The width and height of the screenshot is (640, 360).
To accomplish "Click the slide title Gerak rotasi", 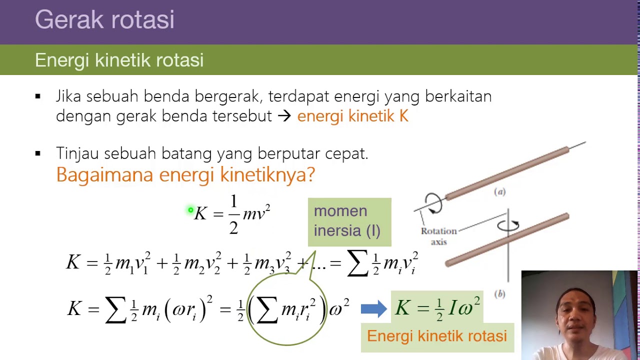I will click(104, 20).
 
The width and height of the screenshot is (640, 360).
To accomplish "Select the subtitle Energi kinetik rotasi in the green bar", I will click(119, 60).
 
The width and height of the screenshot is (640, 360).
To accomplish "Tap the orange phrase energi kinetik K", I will click(352, 116).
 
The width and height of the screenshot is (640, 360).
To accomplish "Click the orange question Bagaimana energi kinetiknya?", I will click(185, 174).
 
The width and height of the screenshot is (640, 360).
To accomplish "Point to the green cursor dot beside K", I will click(190, 210).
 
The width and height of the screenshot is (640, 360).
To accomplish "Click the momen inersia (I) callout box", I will click(349, 221).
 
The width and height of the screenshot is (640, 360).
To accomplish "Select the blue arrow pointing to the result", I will click(373, 308).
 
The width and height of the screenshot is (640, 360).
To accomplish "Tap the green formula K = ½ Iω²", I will click(437, 308).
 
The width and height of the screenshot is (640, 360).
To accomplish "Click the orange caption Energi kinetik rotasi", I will click(436, 336).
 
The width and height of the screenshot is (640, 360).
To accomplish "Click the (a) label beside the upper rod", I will click(499, 191).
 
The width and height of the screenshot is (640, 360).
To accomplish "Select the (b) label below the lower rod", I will click(499, 294).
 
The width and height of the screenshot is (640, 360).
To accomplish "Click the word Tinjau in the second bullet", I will click(77, 153).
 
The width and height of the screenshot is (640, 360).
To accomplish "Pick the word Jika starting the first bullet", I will click(69, 96).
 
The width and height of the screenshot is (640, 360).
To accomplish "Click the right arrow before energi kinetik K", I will click(284, 116).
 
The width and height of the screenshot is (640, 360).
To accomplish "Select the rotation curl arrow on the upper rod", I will click(433, 203).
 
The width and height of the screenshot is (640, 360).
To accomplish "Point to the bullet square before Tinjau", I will click(38, 153).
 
